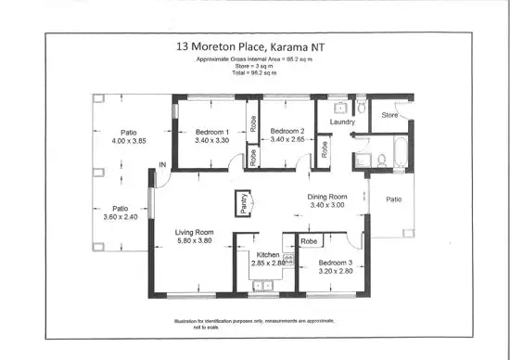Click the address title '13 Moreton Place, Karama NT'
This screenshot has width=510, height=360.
click(x=254, y=45)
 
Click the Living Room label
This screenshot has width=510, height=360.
click(x=195, y=232)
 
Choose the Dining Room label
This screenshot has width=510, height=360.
click(x=327, y=197)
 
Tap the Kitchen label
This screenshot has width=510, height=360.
click(x=269, y=254)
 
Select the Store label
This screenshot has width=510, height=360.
click(x=389, y=116)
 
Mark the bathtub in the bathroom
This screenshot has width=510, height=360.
click(x=400, y=152)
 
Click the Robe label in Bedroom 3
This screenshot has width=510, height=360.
click(x=309, y=240)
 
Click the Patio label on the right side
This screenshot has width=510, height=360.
click(x=394, y=199)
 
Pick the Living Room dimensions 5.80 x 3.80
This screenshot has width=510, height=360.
click(x=195, y=240)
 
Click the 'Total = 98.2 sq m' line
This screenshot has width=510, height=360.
click(x=254, y=71)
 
